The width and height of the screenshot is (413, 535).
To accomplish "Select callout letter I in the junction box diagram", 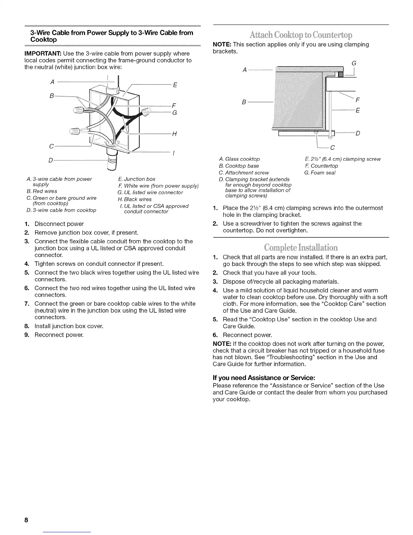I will coord(173,153).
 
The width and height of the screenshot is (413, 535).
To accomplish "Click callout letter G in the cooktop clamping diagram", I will coord(354,63).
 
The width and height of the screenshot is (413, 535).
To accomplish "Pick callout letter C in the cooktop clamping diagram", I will coord(332,147).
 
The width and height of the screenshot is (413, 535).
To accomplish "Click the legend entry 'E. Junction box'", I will coord(137,179).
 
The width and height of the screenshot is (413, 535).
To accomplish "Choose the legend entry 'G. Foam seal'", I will coord(320,173).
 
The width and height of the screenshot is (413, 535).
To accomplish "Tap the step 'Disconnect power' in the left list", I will coord(59,224).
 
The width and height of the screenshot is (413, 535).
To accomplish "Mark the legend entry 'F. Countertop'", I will coord(321,166).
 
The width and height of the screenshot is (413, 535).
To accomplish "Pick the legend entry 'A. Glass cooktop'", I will coord(239,159).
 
